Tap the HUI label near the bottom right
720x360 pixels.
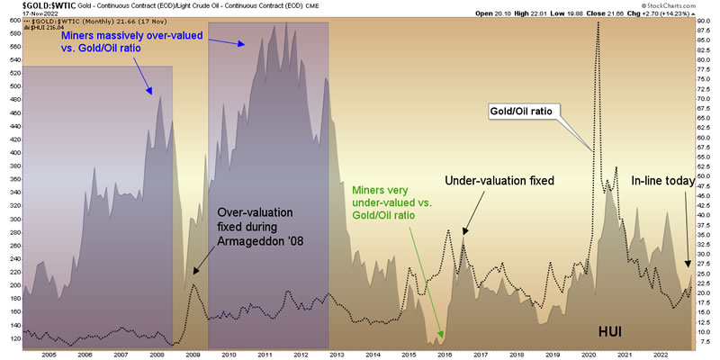coord(611,331)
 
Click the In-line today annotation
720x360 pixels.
coord(661,181)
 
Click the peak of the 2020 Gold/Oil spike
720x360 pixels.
coord(598,21)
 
